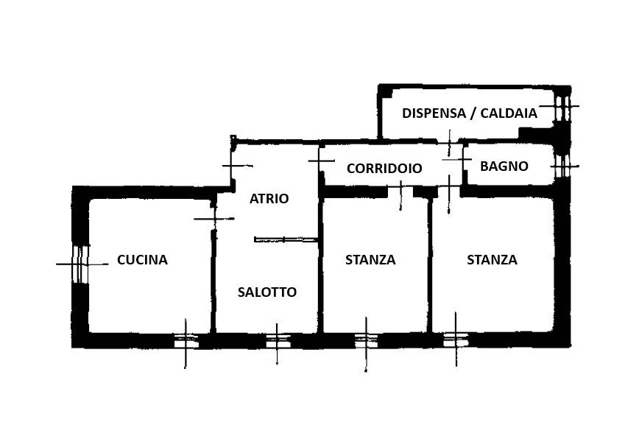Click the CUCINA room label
click(142, 259)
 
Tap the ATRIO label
click(269, 198)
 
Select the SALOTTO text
click(267, 292)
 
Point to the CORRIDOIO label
click(384, 168)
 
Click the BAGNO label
click(504, 166)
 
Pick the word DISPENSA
click(434, 113)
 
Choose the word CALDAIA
click(509, 113)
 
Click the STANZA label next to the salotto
click(370, 259)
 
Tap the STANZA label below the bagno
click(492, 259)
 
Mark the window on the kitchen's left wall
click(80, 264)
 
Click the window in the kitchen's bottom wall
click(186, 341)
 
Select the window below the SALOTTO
click(278, 341)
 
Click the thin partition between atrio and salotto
click(286, 239)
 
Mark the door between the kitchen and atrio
click(214, 219)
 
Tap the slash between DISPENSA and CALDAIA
click(473, 113)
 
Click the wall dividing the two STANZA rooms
click(430, 264)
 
